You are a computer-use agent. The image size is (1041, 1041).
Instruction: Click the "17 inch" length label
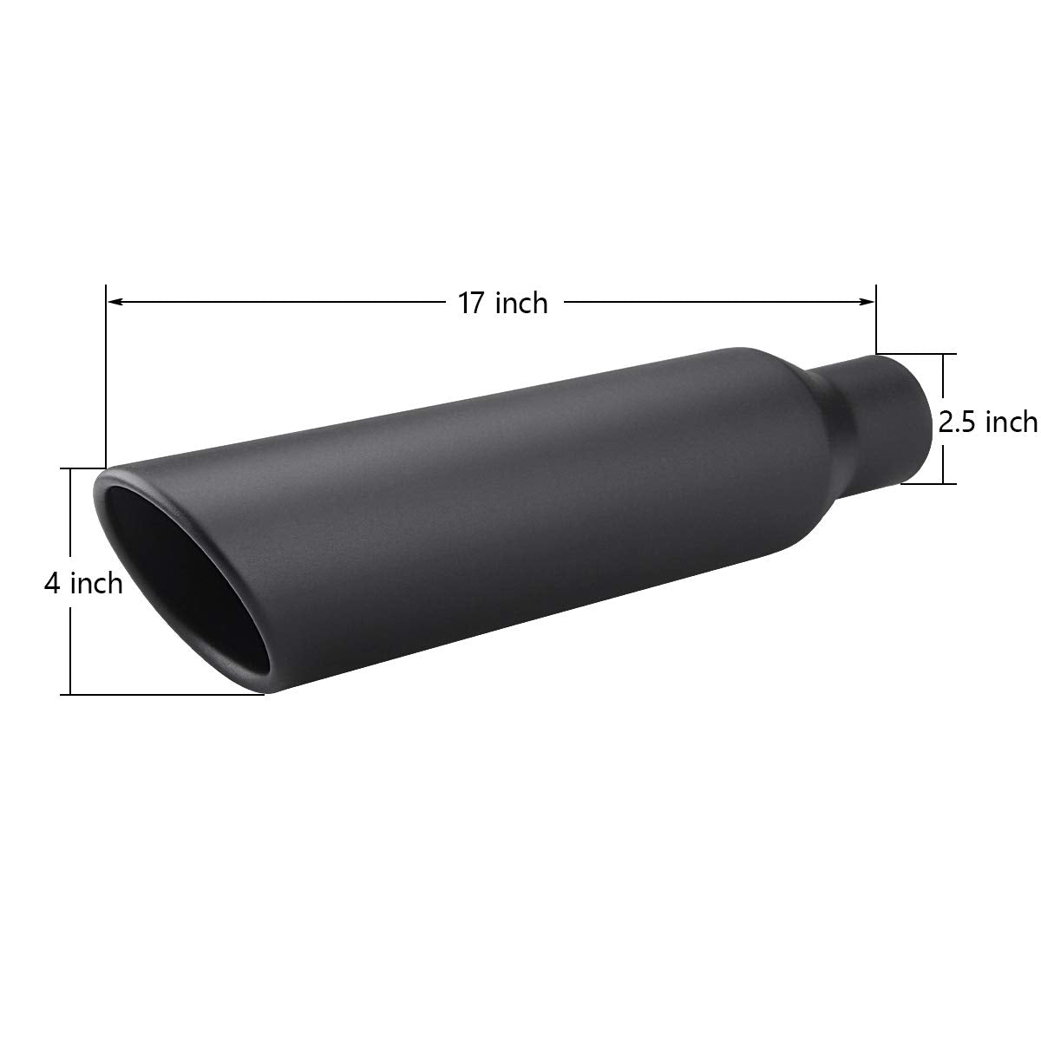(x=503, y=303)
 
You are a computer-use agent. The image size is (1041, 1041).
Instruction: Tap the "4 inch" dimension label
(x=84, y=583)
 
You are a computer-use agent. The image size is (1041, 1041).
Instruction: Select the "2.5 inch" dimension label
(x=988, y=422)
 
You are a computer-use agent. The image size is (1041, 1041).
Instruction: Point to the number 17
(x=472, y=303)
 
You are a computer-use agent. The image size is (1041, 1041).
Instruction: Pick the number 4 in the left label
(x=53, y=583)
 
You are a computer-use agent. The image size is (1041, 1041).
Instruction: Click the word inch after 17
(x=521, y=303)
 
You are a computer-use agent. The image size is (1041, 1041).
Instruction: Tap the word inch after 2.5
(x=1009, y=422)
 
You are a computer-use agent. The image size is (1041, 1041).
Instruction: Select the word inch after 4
(x=96, y=583)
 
